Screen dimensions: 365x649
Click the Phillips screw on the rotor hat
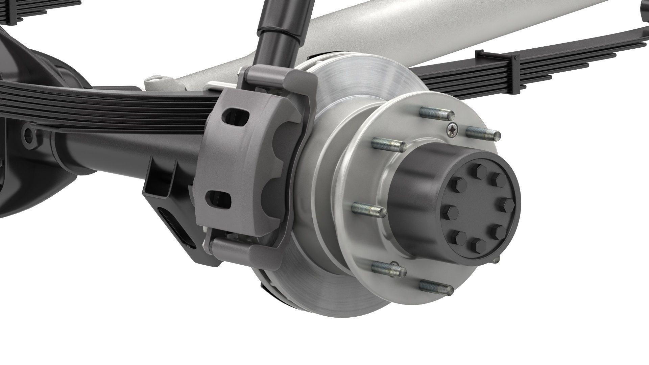pos(452,129)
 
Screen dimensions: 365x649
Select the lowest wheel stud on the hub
pos(436,287)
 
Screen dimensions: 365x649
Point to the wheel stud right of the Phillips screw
pos(483,133)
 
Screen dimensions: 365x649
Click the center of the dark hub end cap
pos(480,210)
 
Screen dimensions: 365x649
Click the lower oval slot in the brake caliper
pos(219,200)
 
